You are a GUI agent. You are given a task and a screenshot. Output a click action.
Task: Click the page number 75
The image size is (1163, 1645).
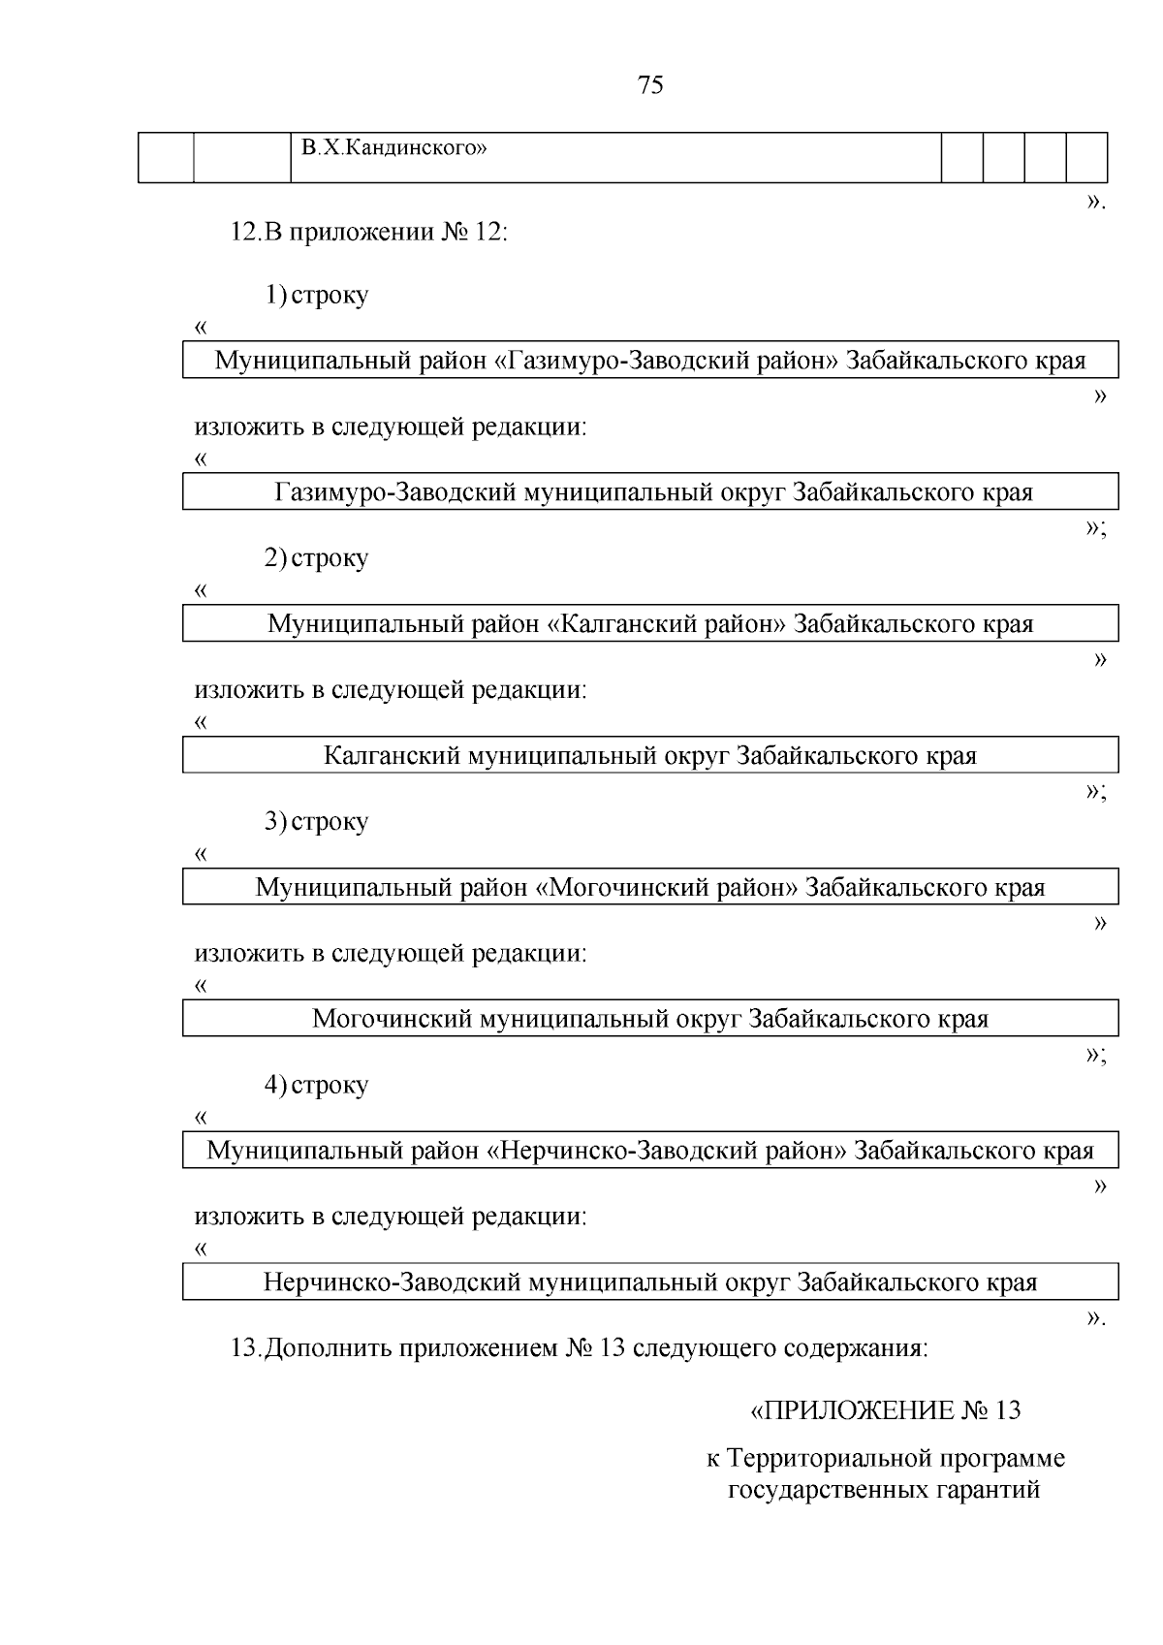point(651,86)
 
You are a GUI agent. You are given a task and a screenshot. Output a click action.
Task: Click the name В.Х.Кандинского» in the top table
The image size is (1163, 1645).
point(393,148)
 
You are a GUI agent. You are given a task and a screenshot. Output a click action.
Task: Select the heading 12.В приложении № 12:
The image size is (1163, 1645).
point(368,234)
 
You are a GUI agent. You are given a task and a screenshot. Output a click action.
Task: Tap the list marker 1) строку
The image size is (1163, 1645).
point(317,295)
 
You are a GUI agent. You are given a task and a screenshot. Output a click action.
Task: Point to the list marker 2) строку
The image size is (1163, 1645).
point(317,558)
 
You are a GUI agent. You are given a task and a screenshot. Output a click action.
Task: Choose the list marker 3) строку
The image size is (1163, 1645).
point(317,822)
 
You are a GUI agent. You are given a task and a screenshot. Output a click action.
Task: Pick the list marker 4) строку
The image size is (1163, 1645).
point(317,1085)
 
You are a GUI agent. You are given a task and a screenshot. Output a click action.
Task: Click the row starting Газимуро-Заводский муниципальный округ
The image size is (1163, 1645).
point(653,492)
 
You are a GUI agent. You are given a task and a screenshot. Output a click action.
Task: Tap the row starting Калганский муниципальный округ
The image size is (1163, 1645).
point(649,756)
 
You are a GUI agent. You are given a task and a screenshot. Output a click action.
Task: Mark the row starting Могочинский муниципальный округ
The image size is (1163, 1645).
point(649,1020)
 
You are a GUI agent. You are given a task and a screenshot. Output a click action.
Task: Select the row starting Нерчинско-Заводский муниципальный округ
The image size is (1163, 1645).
point(649,1283)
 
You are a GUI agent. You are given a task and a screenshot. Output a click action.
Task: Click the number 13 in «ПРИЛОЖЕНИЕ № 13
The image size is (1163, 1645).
point(1007,1410)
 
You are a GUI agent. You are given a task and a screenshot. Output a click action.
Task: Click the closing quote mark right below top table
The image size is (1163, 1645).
point(1094,203)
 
